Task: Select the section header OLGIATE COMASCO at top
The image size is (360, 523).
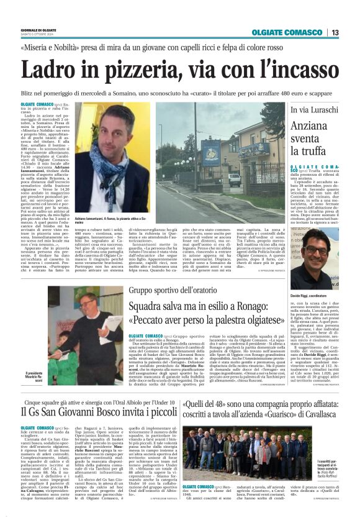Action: [x=287, y=32]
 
